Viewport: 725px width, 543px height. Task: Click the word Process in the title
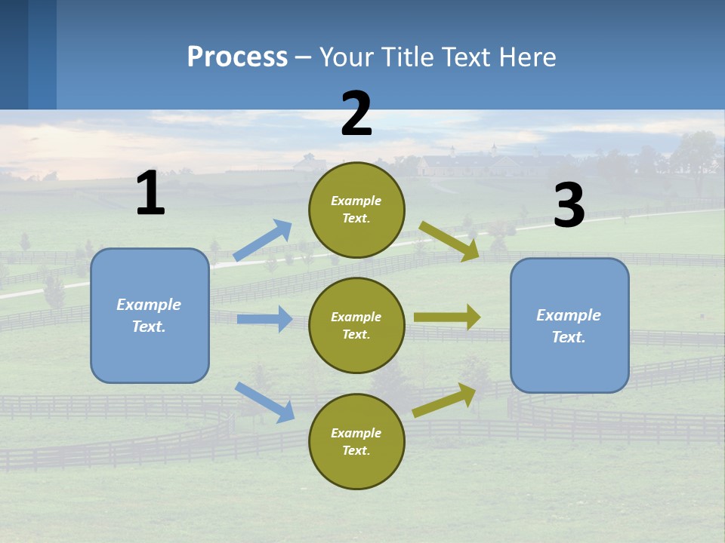(x=237, y=57)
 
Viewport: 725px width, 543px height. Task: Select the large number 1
(x=150, y=193)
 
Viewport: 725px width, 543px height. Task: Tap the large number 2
(x=356, y=114)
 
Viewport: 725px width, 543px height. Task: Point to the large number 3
(x=569, y=205)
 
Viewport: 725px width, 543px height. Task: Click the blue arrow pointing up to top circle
(x=263, y=241)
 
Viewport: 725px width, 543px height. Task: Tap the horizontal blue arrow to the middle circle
(x=265, y=319)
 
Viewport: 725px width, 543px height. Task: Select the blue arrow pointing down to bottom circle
(x=264, y=402)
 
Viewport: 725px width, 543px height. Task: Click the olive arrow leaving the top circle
(x=449, y=241)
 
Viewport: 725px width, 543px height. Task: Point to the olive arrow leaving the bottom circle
(x=444, y=400)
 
